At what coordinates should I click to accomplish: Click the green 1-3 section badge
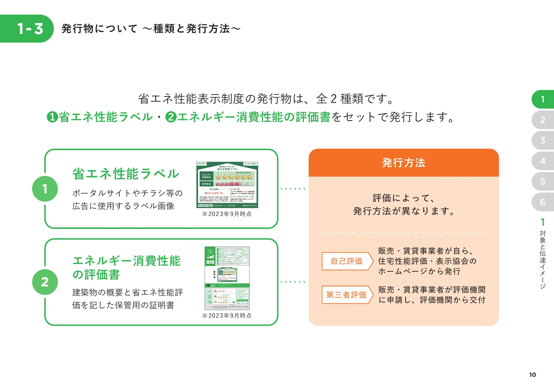(28, 29)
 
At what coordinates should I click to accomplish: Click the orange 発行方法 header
(403, 163)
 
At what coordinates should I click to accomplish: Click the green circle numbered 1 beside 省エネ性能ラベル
(45, 189)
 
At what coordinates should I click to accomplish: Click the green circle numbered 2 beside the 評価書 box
(45, 282)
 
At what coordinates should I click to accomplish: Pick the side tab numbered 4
(542, 161)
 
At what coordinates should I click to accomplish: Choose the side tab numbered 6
(542, 202)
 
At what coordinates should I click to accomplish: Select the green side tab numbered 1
(542, 99)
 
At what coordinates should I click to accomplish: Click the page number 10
(532, 375)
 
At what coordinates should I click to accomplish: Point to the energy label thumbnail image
(227, 185)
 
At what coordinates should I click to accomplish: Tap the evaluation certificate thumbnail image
(227, 278)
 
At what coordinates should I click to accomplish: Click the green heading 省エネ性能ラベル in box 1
(126, 174)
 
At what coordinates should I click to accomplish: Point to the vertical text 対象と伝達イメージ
(542, 259)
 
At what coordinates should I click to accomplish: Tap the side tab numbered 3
(542, 140)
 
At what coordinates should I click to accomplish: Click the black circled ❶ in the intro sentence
(52, 117)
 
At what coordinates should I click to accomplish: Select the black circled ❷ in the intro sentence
(171, 117)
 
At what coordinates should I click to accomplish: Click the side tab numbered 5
(542, 181)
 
